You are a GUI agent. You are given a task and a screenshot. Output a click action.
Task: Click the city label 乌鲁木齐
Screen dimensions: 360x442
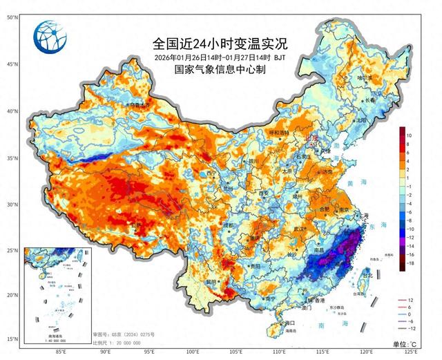120,105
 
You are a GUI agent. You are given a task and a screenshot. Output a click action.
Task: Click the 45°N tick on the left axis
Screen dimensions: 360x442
12,64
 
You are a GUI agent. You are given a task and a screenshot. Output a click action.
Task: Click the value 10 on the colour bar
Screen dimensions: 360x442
410,135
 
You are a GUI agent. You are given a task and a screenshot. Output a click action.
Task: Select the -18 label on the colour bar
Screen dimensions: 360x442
410,263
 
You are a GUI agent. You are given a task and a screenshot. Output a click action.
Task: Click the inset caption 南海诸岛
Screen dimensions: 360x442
49,335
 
